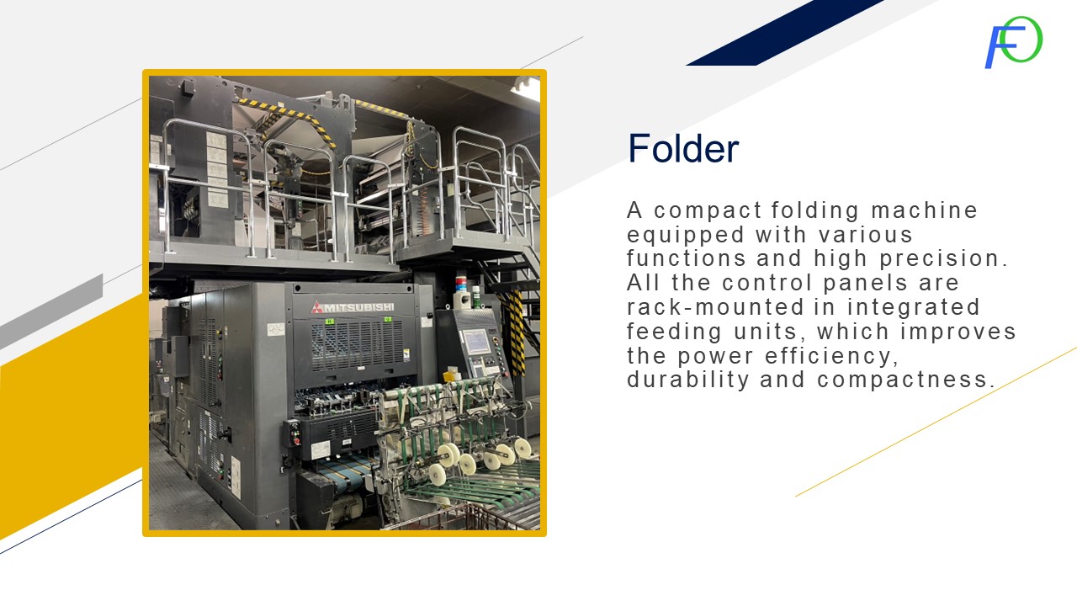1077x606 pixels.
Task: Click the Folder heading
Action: click(x=683, y=149)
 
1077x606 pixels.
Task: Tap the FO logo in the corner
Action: click(x=1014, y=42)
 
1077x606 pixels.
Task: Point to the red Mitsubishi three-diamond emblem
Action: click(x=316, y=307)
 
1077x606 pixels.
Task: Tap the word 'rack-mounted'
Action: click(x=715, y=307)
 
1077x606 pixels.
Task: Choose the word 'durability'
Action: click(x=688, y=380)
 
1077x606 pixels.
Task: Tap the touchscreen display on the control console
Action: click(x=475, y=342)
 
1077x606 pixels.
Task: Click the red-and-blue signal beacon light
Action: click(x=460, y=284)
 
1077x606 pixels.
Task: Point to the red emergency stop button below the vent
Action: click(x=296, y=440)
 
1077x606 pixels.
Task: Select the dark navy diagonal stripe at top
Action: click(x=785, y=33)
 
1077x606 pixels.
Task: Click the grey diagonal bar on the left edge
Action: click(x=51, y=311)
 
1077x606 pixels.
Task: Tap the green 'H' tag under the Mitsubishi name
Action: click(x=330, y=321)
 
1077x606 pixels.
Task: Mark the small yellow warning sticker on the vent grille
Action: click(x=406, y=354)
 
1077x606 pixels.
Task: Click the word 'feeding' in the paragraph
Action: click(x=674, y=332)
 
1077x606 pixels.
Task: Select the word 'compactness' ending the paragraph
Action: click(x=906, y=380)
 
